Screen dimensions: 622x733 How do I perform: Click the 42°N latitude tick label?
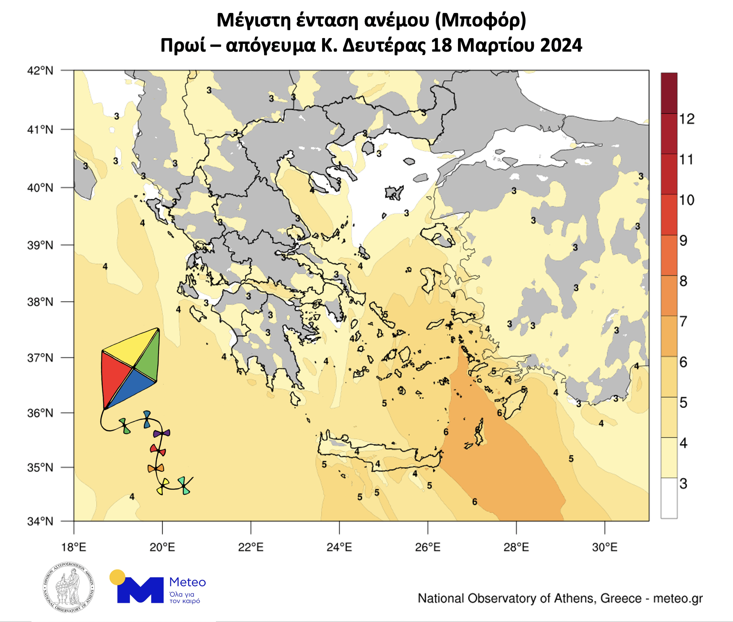coord(40,71)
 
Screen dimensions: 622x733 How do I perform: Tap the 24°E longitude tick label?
coord(339,547)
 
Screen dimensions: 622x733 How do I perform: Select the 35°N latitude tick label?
coord(40,468)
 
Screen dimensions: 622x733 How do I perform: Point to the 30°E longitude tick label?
coord(604,547)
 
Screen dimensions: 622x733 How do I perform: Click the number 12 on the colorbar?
coord(687,119)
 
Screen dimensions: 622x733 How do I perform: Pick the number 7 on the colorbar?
coord(684,321)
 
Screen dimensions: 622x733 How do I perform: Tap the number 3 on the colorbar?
coord(684,483)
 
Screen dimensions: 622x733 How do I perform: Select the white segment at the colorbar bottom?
coord(669,498)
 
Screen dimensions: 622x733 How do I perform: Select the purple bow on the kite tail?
coord(161,433)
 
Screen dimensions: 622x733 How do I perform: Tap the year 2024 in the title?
coord(561,45)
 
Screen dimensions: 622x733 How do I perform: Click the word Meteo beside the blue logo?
coord(187,582)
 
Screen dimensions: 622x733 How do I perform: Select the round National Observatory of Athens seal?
coord(68,588)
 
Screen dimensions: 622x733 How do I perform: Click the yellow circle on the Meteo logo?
coord(117,577)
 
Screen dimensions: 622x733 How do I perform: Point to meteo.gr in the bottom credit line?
coord(678,598)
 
